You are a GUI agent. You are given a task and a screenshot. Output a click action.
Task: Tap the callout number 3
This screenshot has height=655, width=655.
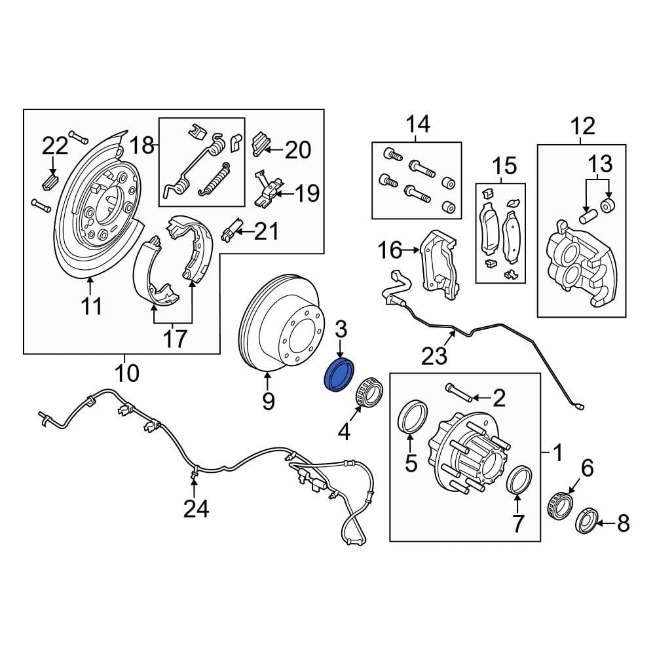tap(341, 330)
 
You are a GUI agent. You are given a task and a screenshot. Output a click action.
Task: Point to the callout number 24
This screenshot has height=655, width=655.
tap(196, 508)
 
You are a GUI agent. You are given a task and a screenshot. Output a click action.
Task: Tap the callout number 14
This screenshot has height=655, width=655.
tap(417, 123)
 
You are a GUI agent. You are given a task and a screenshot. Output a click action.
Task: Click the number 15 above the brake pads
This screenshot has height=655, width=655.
tap(503, 165)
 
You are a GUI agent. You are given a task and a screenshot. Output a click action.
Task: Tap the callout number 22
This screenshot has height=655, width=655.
tap(55, 145)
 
